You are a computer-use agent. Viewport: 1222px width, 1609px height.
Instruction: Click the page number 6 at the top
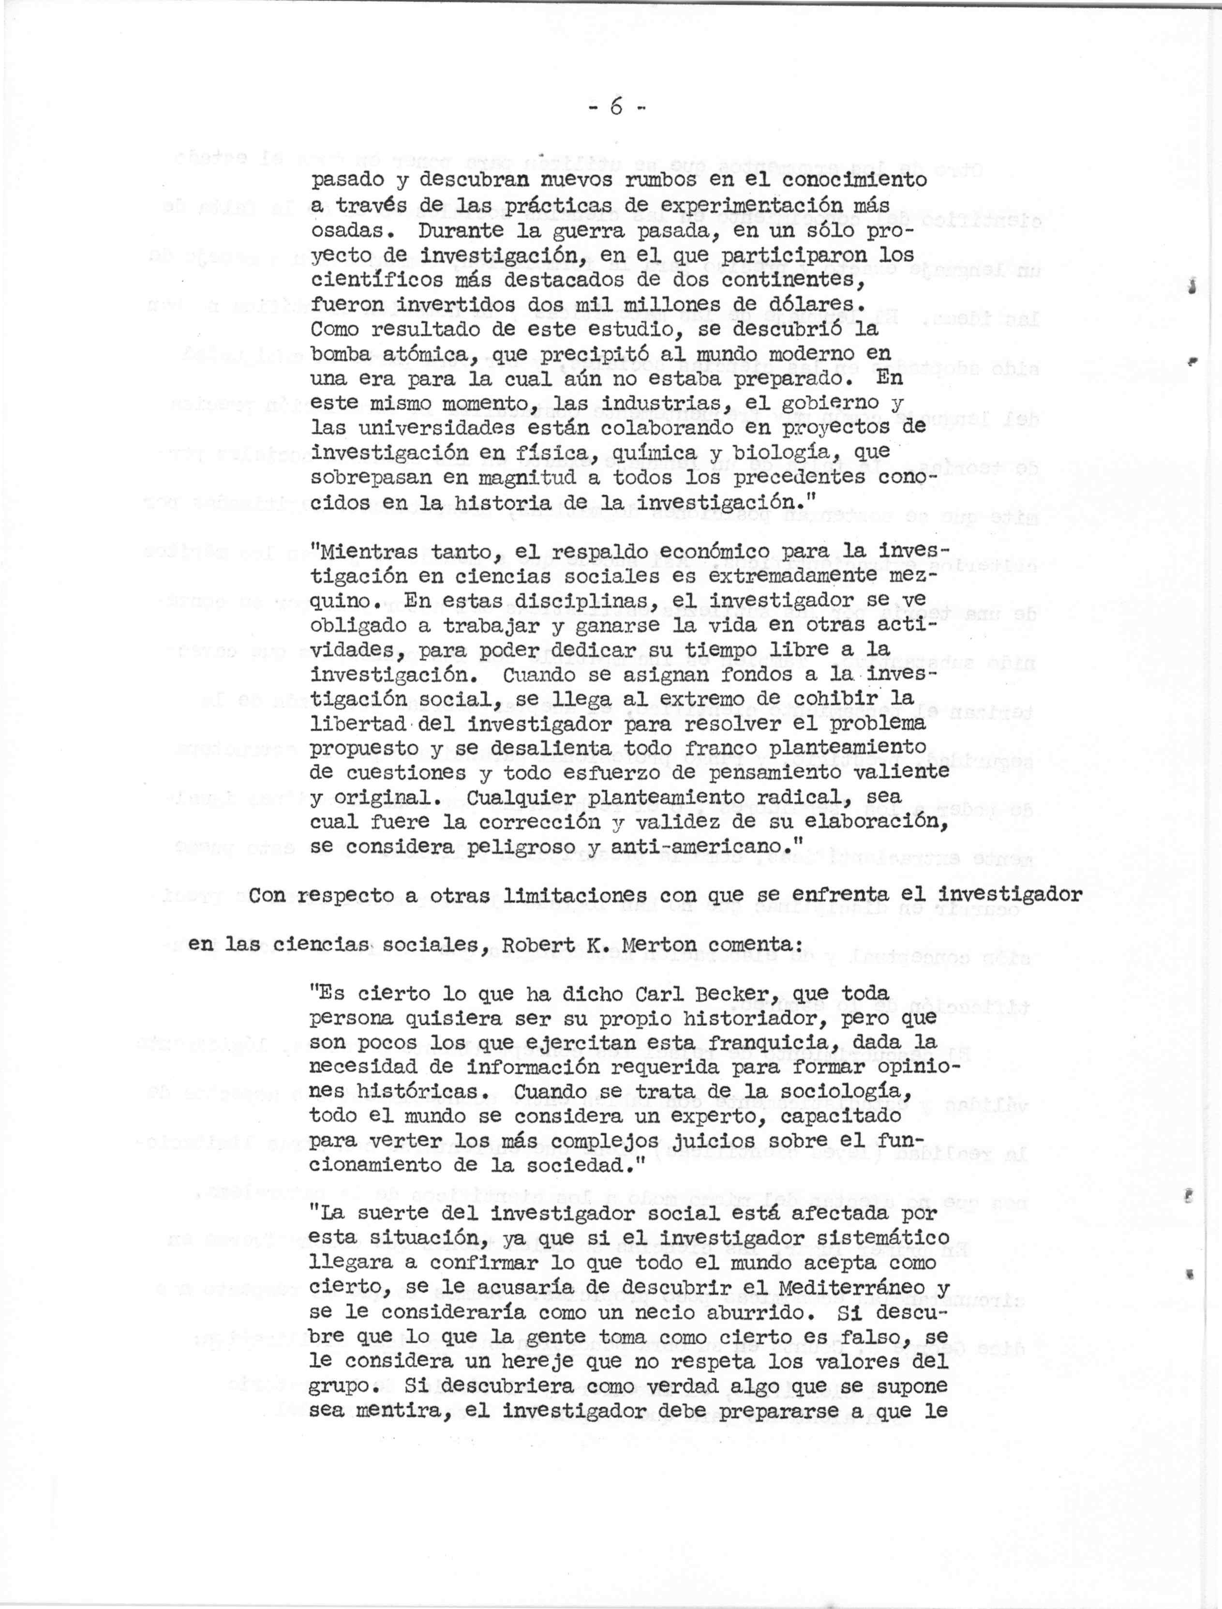[617, 107]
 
